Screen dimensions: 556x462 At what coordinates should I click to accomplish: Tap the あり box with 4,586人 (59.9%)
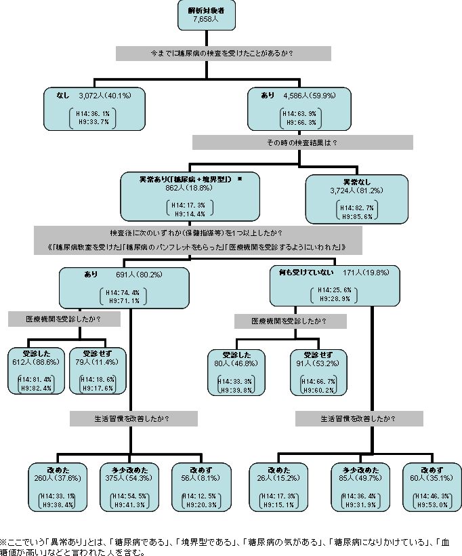pyautogui.click(x=300, y=108)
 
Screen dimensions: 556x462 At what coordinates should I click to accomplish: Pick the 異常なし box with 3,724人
pyautogui.click(x=357, y=199)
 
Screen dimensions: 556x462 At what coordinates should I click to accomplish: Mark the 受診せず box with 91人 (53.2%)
pyautogui.click(x=317, y=371)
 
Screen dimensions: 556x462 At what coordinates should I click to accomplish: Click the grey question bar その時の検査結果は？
pyautogui.click(x=302, y=142)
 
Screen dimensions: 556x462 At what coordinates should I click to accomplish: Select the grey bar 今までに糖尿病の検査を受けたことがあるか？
pyautogui.click(x=223, y=53)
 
